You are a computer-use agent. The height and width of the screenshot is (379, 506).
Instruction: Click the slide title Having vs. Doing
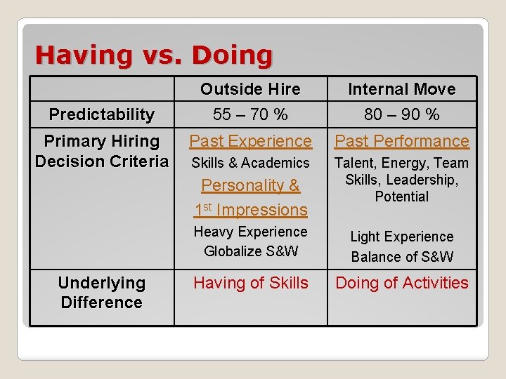pyautogui.click(x=153, y=55)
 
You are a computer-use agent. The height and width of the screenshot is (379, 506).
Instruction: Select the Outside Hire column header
pyautogui.click(x=250, y=89)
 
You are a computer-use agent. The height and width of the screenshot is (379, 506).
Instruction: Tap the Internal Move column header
pyautogui.click(x=401, y=89)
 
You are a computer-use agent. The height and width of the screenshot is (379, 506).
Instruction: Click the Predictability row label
pyautogui.click(x=102, y=114)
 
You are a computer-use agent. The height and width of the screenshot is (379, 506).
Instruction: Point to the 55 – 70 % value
pyautogui.click(x=250, y=114)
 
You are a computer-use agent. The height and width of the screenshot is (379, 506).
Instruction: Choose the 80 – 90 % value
pyautogui.click(x=401, y=114)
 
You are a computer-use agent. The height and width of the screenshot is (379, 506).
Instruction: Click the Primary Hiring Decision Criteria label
pyautogui.click(x=102, y=151)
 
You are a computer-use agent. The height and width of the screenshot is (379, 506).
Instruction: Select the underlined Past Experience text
pyautogui.click(x=250, y=141)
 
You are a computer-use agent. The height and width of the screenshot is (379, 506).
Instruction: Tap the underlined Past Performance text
pyautogui.click(x=401, y=141)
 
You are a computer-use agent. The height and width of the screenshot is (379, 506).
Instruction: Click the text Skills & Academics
pyautogui.click(x=250, y=163)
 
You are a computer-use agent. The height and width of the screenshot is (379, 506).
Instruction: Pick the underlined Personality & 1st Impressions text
pyautogui.click(x=250, y=198)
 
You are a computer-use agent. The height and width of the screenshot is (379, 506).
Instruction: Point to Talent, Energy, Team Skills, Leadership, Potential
pyautogui.click(x=401, y=180)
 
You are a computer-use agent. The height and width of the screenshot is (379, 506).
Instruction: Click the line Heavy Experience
pyautogui.click(x=250, y=232)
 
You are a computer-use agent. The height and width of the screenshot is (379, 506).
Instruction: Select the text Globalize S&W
pyautogui.click(x=250, y=251)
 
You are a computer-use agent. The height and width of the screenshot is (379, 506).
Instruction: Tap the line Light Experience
pyautogui.click(x=401, y=237)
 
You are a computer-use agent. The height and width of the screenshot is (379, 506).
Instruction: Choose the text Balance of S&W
pyautogui.click(x=401, y=257)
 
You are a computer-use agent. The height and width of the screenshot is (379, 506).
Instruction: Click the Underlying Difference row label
pyautogui.click(x=102, y=293)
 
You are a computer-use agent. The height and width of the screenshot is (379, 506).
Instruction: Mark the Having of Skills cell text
pyautogui.click(x=250, y=283)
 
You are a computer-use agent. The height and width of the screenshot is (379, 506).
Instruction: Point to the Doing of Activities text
pyautogui.click(x=401, y=283)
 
